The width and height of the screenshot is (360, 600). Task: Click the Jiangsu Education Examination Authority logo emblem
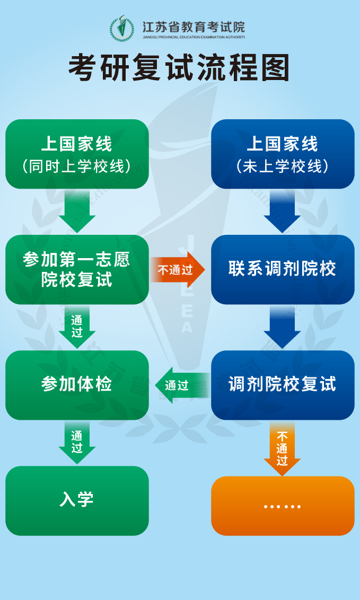point(122,28)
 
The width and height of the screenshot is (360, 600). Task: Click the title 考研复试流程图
point(179,68)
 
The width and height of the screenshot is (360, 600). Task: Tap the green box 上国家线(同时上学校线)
point(77,154)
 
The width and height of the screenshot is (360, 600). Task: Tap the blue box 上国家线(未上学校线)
point(283,154)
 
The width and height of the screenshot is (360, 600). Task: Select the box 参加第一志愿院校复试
point(77,269)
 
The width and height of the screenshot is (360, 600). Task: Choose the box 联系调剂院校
point(283,269)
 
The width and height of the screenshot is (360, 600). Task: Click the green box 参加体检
point(77,385)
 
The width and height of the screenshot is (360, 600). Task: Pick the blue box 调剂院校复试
point(283,385)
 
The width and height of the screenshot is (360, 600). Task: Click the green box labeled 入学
point(77,500)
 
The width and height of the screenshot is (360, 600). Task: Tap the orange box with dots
point(283,506)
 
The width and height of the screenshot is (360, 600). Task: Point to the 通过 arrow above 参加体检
point(77,327)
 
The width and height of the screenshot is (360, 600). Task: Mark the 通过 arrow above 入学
point(77,443)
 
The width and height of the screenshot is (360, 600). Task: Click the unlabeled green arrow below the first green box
point(77,211)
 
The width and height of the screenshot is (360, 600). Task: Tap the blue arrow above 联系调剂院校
point(283,211)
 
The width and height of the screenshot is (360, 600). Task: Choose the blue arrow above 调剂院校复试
point(283,327)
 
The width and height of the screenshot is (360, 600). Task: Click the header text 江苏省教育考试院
point(194,27)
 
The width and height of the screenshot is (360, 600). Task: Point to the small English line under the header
point(194,38)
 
